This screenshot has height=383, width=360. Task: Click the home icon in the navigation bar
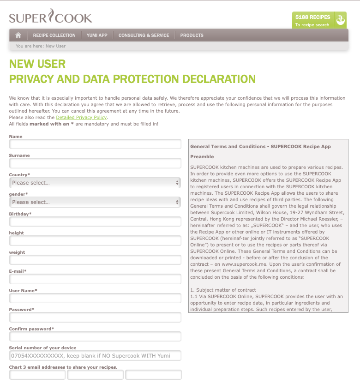18,35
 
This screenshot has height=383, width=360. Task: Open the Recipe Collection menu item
54,35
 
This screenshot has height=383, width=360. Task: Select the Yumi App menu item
97,35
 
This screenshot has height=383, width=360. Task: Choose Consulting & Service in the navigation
144,35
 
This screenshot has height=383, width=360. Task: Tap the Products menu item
192,35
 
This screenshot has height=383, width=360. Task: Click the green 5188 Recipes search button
319,20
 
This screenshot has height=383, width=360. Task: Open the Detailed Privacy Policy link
81,118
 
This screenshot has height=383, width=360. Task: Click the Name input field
95,144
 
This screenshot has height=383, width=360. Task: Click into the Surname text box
95,163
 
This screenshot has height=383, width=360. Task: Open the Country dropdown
95,183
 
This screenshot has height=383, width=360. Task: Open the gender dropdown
95,202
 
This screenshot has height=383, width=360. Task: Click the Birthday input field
95,221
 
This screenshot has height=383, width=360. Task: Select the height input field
95,241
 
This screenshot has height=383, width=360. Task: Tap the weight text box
95,260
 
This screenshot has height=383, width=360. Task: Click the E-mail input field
95,279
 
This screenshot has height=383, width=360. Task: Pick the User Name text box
95,298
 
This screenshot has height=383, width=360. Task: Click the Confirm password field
95,336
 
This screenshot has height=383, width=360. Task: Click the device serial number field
95,356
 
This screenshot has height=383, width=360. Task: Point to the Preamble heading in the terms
202,157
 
